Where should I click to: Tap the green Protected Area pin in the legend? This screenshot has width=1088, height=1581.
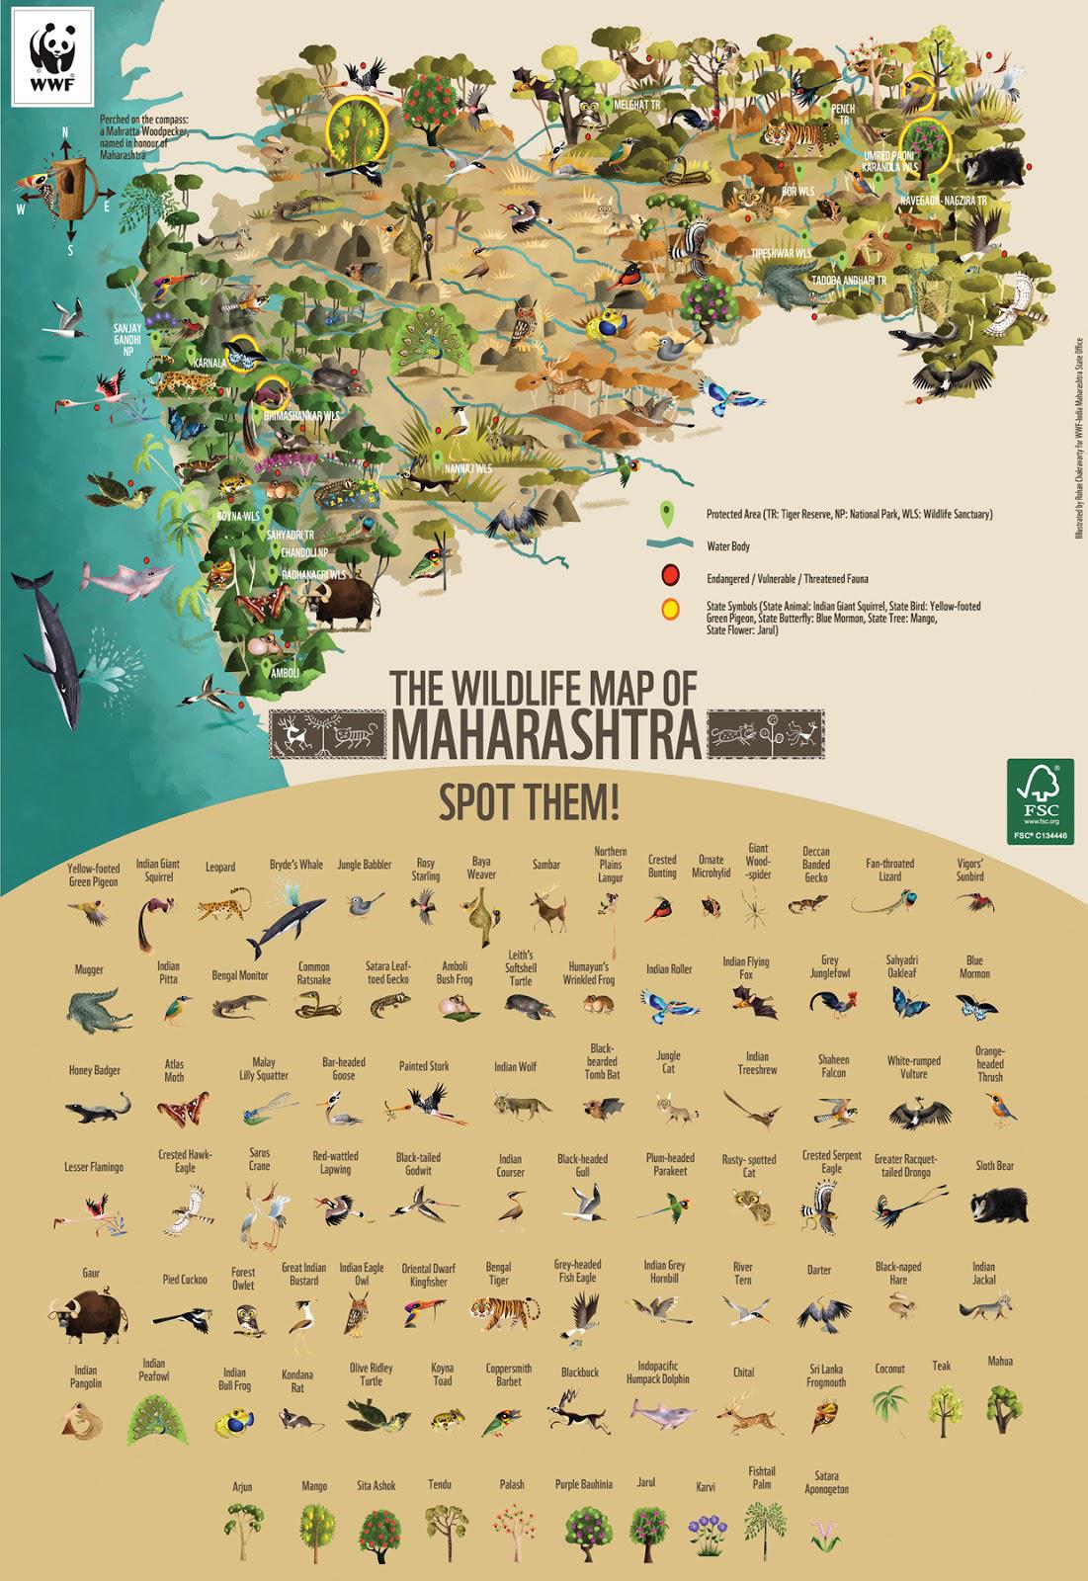click(x=668, y=514)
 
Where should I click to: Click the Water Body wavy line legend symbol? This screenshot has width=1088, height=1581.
click(x=668, y=544)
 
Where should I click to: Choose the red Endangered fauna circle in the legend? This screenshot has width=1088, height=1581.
click(x=669, y=575)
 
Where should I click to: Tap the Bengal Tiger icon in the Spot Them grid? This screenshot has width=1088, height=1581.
click(x=498, y=1309)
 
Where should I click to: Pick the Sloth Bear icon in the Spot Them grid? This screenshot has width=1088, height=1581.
click(x=993, y=1206)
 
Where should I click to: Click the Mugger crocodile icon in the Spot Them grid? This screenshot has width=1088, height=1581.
click(x=97, y=1009)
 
